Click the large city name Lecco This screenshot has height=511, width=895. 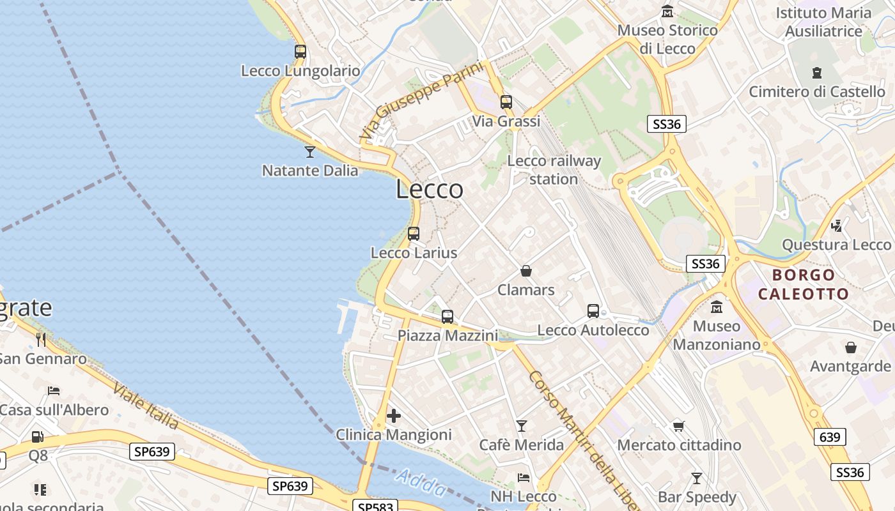pyautogui.click(x=430, y=189)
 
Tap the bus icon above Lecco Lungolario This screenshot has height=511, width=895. pyautogui.click(x=300, y=52)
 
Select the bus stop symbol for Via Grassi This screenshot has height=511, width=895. pyautogui.click(x=506, y=102)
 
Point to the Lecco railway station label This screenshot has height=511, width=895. pyautogui.click(x=554, y=170)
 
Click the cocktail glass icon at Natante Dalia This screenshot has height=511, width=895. pyautogui.click(x=310, y=151)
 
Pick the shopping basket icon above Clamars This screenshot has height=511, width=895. pyautogui.click(x=526, y=271)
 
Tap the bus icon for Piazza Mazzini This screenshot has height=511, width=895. pyautogui.click(x=447, y=316)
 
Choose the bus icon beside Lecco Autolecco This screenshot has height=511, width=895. pyautogui.click(x=593, y=311)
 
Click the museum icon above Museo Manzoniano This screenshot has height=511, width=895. pyautogui.click(x=717, y=307)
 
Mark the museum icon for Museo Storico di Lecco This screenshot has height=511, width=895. pyautogui.click(x=667, y=11)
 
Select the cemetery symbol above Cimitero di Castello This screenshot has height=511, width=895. pyautogui.click(x=817, y=73)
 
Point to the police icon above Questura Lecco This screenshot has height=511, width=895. pyautogui.click(x=836, y=225)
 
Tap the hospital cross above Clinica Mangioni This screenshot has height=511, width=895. pyautogui.click(x=394, y=416)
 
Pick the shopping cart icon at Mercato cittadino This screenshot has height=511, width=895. pyautogui.click(x=678, y=425)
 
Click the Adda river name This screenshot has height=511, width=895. pyautogui.click(x=421, y=483)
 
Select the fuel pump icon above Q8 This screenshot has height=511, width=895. pyautogui.click(x=38, y=437)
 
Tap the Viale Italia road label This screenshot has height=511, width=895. pyautogui.click(x=146, y=406)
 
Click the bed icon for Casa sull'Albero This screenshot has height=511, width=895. pyautogui.click(x=54, y=390)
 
